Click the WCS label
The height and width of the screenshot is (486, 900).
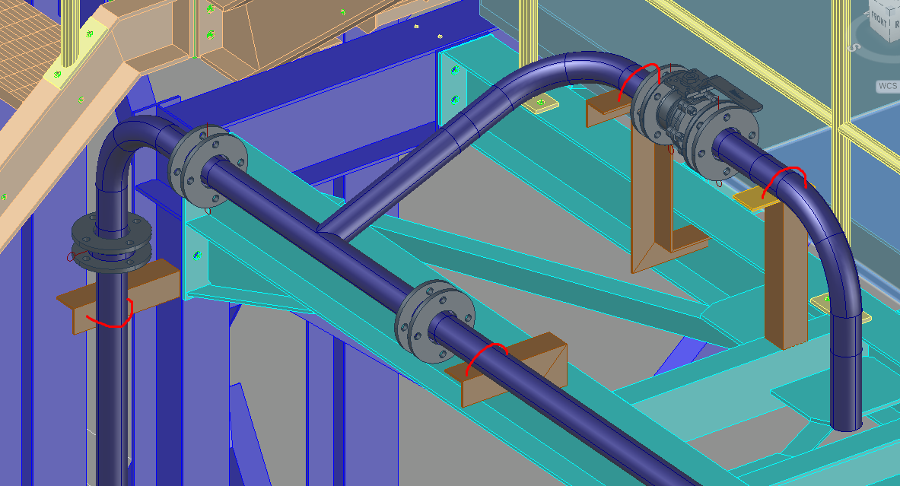[x=887, y=86]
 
